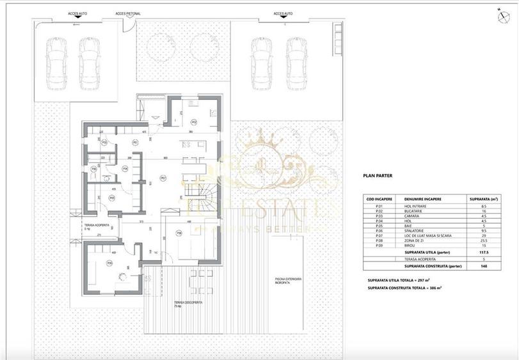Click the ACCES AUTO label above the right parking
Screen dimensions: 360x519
click(x=283, y=13)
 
